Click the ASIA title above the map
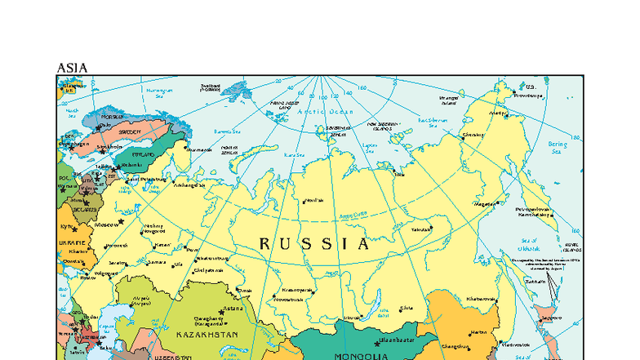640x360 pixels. (x=72, y=68)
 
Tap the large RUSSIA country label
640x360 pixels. (x=314, y=243)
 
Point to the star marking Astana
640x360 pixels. (x=221, y=311)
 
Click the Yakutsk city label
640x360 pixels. (x=420, y=230)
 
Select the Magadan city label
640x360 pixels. (x=486, y=203)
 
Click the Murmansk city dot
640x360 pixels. (x=187, y=150)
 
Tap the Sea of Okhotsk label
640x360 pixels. (x=528, y=245)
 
